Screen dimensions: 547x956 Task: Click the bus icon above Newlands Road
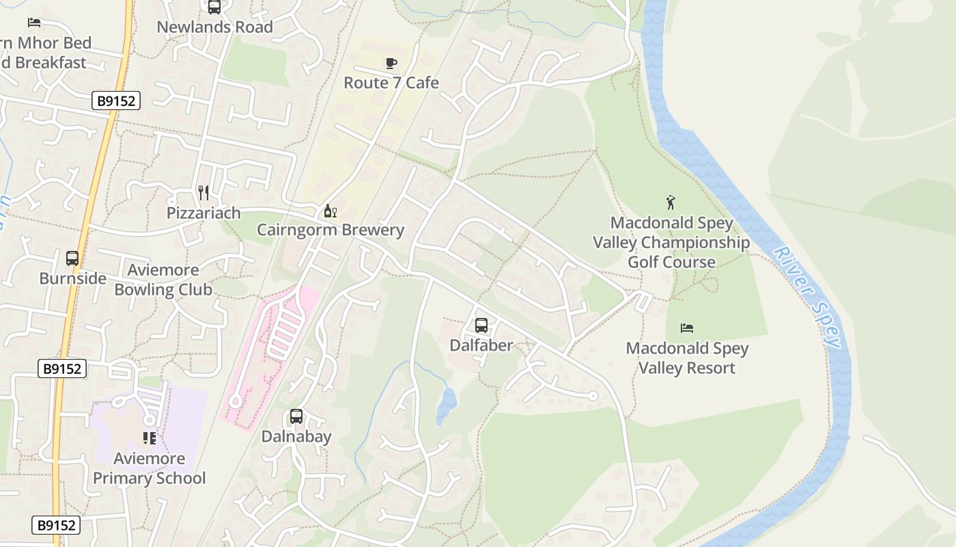tap(214, 7)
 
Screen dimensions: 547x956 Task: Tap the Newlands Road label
tap(214, 27)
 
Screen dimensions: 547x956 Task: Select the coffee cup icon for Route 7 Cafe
tap(391, 64)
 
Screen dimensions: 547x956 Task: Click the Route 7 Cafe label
tap(391, 83)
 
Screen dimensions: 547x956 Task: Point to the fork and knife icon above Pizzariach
tap(203, 192)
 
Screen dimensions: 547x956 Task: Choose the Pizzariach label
tap(203, 213)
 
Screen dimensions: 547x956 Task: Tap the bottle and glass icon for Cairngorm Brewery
tap(330, 211)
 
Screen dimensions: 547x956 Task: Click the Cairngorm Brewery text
tap(330, 230)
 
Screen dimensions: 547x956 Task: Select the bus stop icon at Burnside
tap(72, 258)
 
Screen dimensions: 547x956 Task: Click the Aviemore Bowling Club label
tap(163, 280)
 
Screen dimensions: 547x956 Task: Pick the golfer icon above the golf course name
tap(671, 202)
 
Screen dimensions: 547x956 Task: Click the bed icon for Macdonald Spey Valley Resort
tap(687, 328)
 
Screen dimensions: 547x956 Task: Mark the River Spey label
tap(806, 295)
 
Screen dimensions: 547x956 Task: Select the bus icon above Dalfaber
tap(481, 325)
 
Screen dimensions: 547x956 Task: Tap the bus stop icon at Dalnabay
tap(296, 416)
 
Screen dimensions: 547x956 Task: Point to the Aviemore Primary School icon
tap(150, 438)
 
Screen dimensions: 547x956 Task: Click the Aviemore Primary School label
tap(149, 468)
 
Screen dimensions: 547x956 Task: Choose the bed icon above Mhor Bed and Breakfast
tap(34, 23)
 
